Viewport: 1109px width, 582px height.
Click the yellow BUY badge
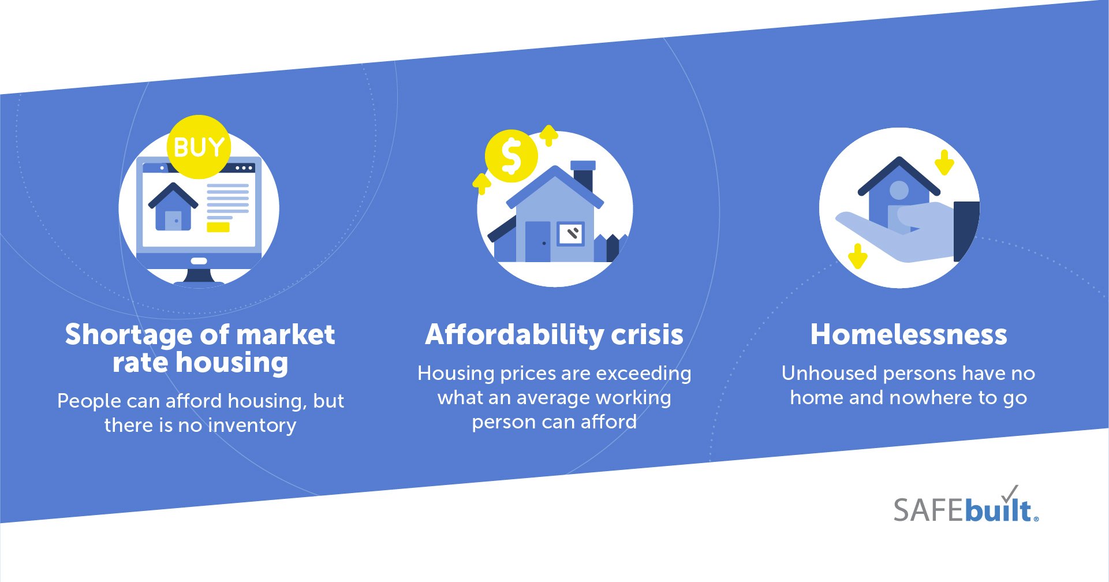pyautogui.click(x=199, y=147)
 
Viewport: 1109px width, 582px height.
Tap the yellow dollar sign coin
pyautogui.click(x=511, y=156)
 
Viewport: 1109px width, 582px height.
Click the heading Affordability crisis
pyautogui.click(x=554, y=334)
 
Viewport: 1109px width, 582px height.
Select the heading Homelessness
pyautogui.click(x=909, y=334)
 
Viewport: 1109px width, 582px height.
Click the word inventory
pyautogui.click(x=252, y=426)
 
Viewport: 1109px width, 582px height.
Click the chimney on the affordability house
pyautogui.click(x=583, y=176)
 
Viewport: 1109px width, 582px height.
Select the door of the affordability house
pyautogui.click(x=537, y=241)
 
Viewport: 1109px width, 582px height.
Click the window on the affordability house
pyautogui.click(x=571, y=234)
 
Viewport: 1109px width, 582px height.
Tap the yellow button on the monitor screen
pyautogui.click(x=218, y=227)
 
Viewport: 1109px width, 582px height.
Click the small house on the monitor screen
pyautogui.click(x=173, y=208)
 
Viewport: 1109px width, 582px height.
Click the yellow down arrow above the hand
pyautogui.click(x=944, y=162)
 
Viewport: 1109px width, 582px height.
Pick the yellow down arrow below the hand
pyautogui.click(x=858, y=256)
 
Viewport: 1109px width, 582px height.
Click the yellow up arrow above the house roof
pyautogui.click(x=548, y=135)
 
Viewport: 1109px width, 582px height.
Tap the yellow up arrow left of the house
pyautogui.click(x=481, y=183)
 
